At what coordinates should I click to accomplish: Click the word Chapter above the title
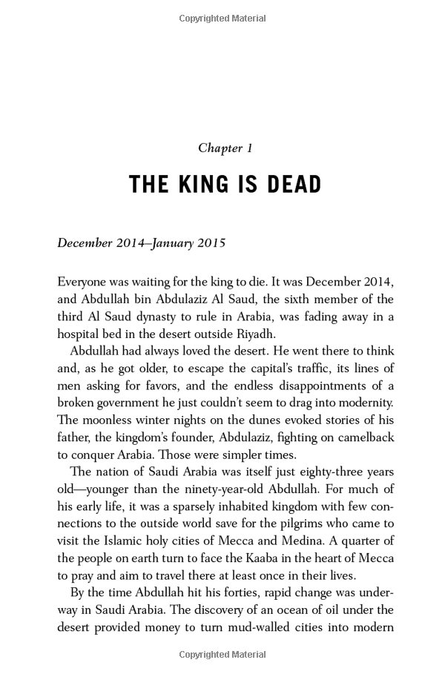click(x=220, y=148)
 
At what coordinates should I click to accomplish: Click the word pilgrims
click(x=287, y=523)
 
